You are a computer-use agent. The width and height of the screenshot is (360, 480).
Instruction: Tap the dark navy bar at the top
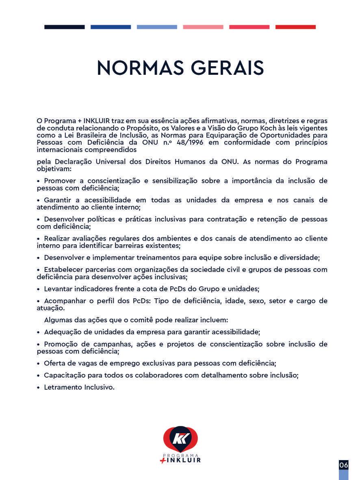65,27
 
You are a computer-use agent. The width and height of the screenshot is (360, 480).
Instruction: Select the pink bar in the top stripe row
203,27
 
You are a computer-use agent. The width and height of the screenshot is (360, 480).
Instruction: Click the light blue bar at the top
157,27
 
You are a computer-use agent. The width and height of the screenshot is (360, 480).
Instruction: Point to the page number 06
344,465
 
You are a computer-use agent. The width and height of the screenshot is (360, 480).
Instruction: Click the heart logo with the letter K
180,439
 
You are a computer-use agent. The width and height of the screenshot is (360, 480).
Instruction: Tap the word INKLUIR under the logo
184,460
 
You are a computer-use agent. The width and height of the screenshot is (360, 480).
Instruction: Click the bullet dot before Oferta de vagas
39,363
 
